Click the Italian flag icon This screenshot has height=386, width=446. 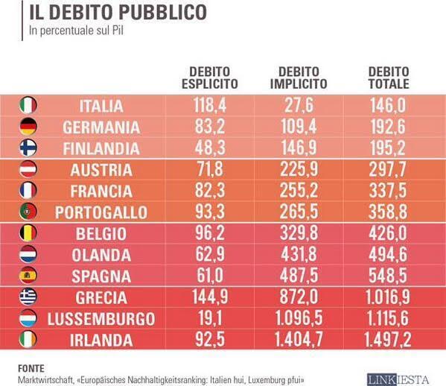click(28, 105)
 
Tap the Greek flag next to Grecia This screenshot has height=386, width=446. click(28, 297)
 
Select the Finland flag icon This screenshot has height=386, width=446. click(28, 148)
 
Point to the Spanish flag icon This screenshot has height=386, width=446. click(28, 276)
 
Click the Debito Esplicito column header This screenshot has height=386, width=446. click(210, 77)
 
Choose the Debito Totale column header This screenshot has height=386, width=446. click(389, 77)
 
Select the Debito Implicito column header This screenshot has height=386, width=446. click(299, 77)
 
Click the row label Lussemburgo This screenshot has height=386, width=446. click(101, 319)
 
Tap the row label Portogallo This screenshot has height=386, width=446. click(101, 212)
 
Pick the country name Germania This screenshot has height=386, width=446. click(101, 127)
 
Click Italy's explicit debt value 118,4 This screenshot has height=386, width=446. click(210, 105)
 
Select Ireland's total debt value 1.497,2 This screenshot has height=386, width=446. click(388, 340)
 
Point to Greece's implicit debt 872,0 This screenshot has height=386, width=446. click(299, 297)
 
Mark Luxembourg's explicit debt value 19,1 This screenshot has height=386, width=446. click(210, 318)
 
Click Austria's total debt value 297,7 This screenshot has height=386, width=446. click(388, 169)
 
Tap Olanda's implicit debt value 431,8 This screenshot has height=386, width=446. click(299, 254)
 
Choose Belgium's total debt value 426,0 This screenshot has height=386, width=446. click(388, 233)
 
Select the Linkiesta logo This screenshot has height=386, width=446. click(398, 380)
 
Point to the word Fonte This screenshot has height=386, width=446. click(31, 369)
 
